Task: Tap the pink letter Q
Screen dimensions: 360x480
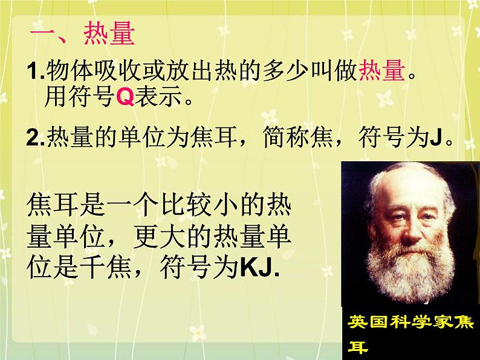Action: [x=125, y=98]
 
